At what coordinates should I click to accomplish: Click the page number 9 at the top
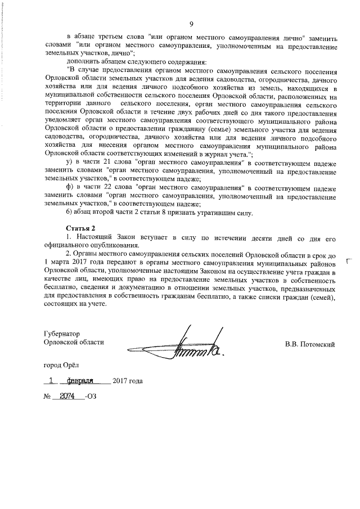[x=191, y=24]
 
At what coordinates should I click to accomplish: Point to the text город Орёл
[x=62, y=364]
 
